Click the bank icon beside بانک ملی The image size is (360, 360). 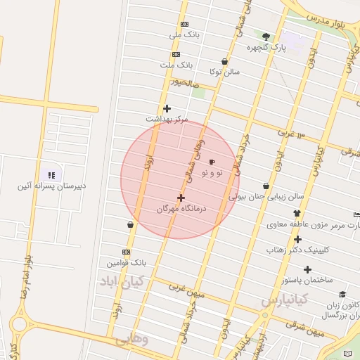coord(184,24)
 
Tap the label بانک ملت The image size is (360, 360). coord(176,65)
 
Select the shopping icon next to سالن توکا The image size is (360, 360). coord(224,62)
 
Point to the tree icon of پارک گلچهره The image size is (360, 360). coord(266,37)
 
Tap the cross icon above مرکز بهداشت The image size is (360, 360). coord(167,108)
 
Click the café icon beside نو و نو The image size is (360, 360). coord(212,162)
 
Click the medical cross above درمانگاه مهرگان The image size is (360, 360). coord(181,198)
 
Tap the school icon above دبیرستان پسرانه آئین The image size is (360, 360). coord(51,175)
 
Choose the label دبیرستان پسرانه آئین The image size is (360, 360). coord(52,186)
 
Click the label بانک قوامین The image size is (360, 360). coord(127,262)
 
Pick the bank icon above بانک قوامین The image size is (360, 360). coord(126,252)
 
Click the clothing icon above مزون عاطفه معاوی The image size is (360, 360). coord(297,213)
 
